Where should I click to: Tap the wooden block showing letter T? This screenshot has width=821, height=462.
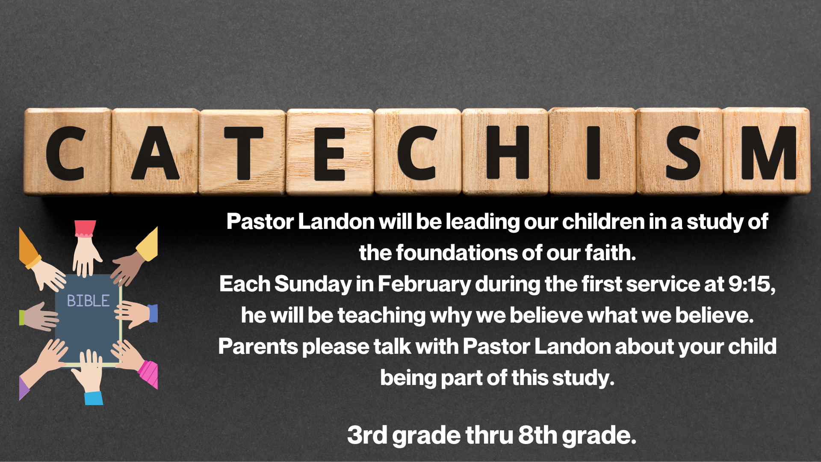pos(243,152)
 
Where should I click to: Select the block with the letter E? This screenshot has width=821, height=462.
pos(331,152)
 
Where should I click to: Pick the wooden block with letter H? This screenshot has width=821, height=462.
pos(505,151)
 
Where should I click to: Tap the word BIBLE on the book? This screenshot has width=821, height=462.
pos(88,301)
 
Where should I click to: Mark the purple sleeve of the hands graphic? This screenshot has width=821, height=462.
pos(24,388)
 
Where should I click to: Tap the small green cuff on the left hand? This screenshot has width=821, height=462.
pos(22,317)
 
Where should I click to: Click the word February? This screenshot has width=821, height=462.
pos(424,284)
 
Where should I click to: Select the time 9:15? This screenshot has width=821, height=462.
pos(752,284)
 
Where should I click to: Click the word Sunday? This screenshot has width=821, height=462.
pos(313,284)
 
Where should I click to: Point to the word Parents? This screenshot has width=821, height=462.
pos(258,346)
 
